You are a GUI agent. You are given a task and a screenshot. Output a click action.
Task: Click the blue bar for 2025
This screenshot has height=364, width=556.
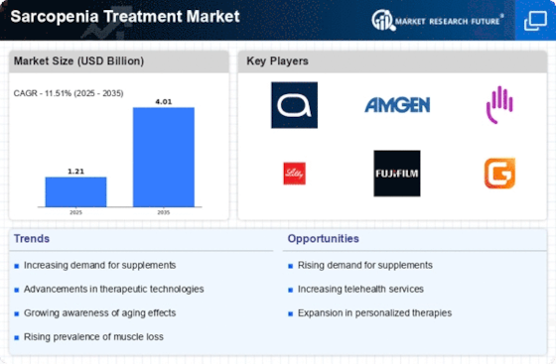pos(75,191)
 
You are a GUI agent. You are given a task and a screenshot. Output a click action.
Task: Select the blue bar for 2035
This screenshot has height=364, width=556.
pos(164,158)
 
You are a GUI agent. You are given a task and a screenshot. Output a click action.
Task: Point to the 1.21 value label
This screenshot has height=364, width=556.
pos(75,172)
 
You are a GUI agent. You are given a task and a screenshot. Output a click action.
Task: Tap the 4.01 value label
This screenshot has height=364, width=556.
pos(164,101)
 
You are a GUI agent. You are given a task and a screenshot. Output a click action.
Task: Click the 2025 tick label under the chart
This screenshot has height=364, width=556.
pos(75,212)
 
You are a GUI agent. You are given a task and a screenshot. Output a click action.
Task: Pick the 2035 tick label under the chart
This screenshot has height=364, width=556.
pos(164,212)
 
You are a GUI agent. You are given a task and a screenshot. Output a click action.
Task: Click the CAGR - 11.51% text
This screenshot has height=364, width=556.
pos(42,93)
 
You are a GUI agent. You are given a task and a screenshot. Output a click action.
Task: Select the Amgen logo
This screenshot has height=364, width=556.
pos(397,105)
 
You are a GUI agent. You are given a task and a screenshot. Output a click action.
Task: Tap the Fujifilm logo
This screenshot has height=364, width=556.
pos(397,174)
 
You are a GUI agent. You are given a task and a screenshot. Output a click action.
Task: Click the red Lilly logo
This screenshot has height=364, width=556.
pos(294,174)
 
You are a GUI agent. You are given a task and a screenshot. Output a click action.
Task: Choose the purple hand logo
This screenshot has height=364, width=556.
pos(499,105)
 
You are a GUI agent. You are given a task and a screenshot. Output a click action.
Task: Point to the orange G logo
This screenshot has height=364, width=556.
pos(499,174)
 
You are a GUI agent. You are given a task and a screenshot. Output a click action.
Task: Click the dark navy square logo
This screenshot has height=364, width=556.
pos(294,105)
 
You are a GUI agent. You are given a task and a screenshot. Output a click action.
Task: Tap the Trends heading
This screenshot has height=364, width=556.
pos(32,239)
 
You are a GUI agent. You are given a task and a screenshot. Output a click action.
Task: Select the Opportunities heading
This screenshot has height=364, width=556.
pos(324,239)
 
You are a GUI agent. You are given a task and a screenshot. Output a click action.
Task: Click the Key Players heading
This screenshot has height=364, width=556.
pos(277,61)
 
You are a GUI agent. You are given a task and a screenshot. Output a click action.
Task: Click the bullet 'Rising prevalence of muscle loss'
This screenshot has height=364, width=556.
pos(93,337)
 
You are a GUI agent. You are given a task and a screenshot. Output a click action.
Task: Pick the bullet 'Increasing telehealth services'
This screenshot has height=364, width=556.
pos(360,289)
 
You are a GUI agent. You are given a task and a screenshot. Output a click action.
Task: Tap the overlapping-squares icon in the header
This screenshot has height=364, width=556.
pos(535,21)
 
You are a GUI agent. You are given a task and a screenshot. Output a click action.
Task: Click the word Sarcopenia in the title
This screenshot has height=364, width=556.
pos(55,17)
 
